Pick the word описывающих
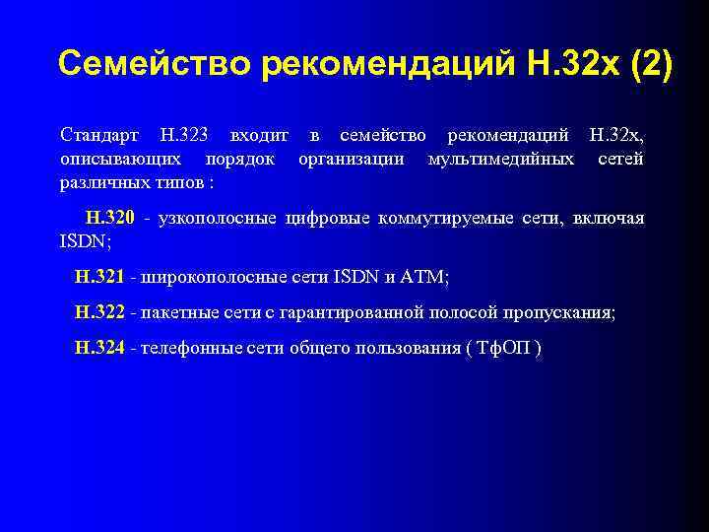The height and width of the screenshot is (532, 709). point(119,158)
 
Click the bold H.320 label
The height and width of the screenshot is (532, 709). point(109,219)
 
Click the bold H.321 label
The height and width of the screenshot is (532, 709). point(99,279)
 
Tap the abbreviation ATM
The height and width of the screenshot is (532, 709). point(424,279)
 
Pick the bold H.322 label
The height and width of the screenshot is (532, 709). point(99,313)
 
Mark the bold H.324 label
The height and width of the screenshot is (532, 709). point(99,348)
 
